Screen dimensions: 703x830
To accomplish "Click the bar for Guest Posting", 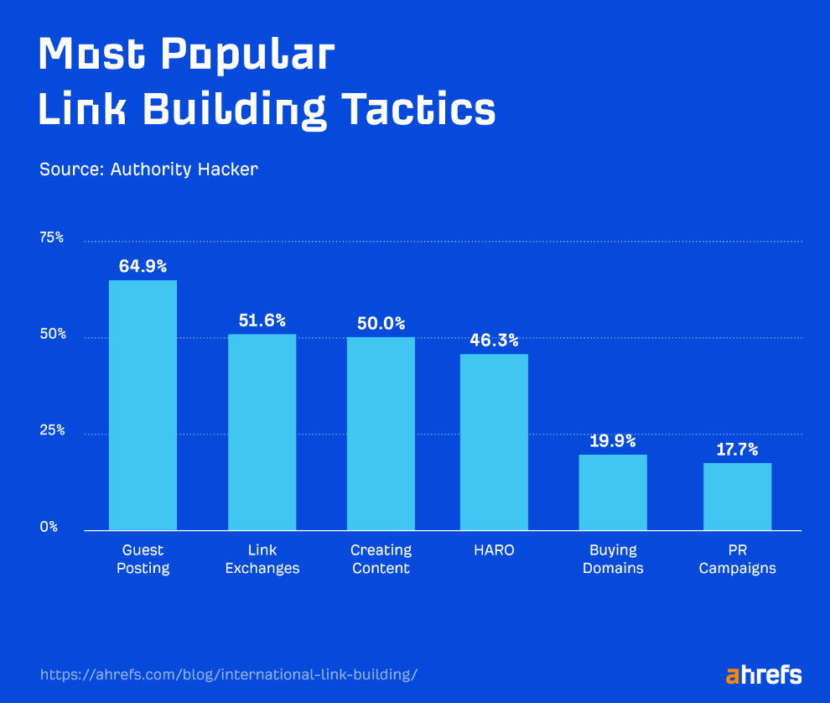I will click(143, 405).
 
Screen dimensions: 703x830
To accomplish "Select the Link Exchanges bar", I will click(262, 432).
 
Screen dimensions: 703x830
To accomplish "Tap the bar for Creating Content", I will click(381, 434).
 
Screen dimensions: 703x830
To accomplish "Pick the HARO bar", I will click(494, 442).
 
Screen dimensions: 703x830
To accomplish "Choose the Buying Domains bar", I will click(612, 492).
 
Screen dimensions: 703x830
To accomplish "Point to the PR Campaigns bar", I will click(737, 497).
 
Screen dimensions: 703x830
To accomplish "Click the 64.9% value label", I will click(143, 267).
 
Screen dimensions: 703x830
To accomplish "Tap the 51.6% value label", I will click(262, 320).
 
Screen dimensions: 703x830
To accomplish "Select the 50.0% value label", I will click(381, 323).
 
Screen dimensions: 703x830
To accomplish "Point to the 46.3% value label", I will click(494, 341).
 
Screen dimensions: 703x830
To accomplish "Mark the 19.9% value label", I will click(612, 441).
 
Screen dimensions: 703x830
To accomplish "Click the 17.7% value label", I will click(737, 449).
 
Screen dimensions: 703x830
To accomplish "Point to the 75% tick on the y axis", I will click(52, 238).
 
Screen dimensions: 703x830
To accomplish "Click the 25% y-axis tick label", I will click(52, 431).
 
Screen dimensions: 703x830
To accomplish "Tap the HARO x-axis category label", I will click(494, 550).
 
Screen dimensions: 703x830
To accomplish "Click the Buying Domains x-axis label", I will click(612, 560).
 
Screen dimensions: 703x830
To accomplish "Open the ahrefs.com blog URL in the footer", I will click(228, 674).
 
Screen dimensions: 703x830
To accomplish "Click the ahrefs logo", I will click(763, 674).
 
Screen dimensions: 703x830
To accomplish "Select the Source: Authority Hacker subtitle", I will click(148, 169).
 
